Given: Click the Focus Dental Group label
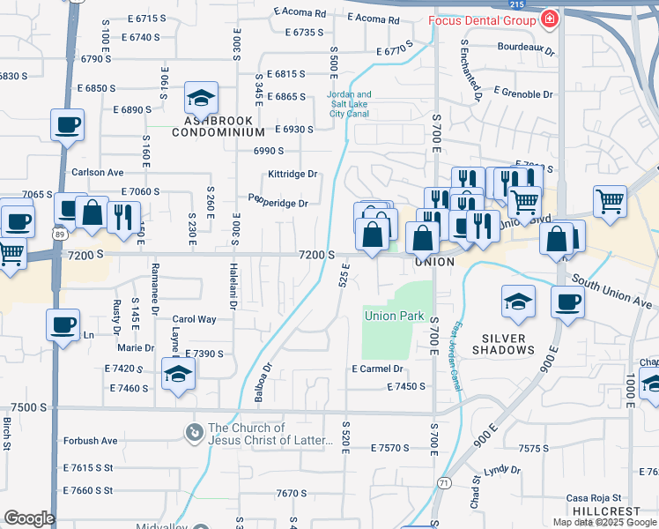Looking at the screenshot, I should point(483,19).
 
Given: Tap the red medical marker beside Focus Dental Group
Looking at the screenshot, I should point(550,19).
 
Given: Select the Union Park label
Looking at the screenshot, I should point(394,316).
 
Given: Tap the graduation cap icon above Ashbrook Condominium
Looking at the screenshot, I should point(202,96).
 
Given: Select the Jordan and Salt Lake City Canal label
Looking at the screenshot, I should point(350,104).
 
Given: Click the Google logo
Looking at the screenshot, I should point(29,518).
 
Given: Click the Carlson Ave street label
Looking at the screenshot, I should point(98,173).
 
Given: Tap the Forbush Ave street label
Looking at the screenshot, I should point(90,441).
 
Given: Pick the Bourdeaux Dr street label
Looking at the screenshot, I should point(526,51).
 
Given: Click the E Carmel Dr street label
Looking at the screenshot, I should point(377,369).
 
